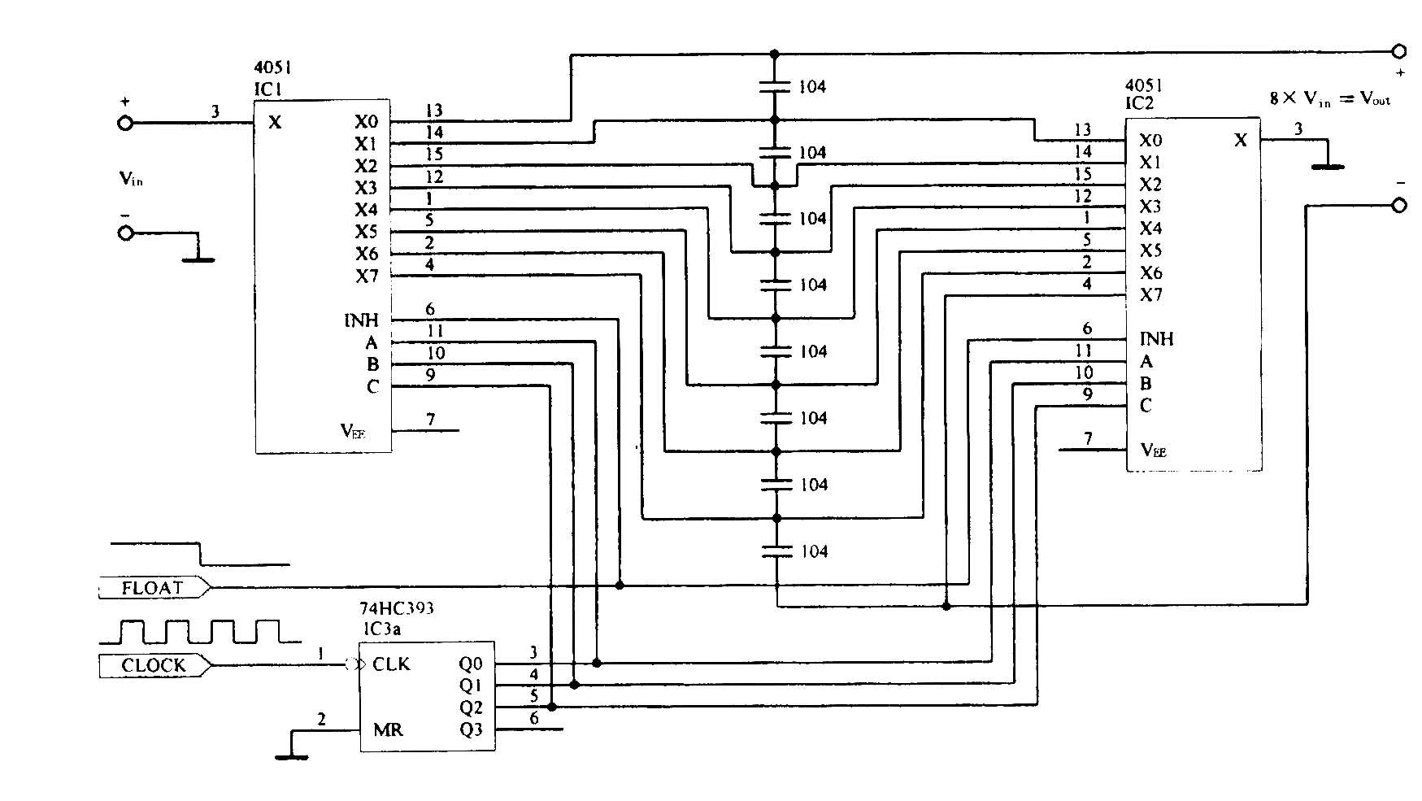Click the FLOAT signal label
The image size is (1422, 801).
153,587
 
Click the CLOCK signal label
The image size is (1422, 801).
154,665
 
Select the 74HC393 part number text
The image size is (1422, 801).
397,608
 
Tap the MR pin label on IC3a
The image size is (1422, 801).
388,729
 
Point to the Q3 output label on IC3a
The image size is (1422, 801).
471,729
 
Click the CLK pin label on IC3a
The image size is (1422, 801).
391,664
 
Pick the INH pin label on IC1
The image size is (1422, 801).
361,320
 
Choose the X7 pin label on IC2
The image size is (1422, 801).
1150,294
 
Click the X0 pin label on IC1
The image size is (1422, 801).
366,122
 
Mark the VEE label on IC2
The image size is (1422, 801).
1155,450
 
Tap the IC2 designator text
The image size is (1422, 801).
1139,103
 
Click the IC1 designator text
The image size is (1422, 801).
268,89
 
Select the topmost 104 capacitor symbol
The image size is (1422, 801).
775,86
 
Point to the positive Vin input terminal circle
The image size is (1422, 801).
125,123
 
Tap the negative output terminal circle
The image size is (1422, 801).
1399,205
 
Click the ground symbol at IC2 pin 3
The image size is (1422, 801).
1328,166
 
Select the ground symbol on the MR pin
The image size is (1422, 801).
291,756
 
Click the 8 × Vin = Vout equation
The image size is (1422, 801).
1329,99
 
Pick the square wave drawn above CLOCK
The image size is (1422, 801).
199,632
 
